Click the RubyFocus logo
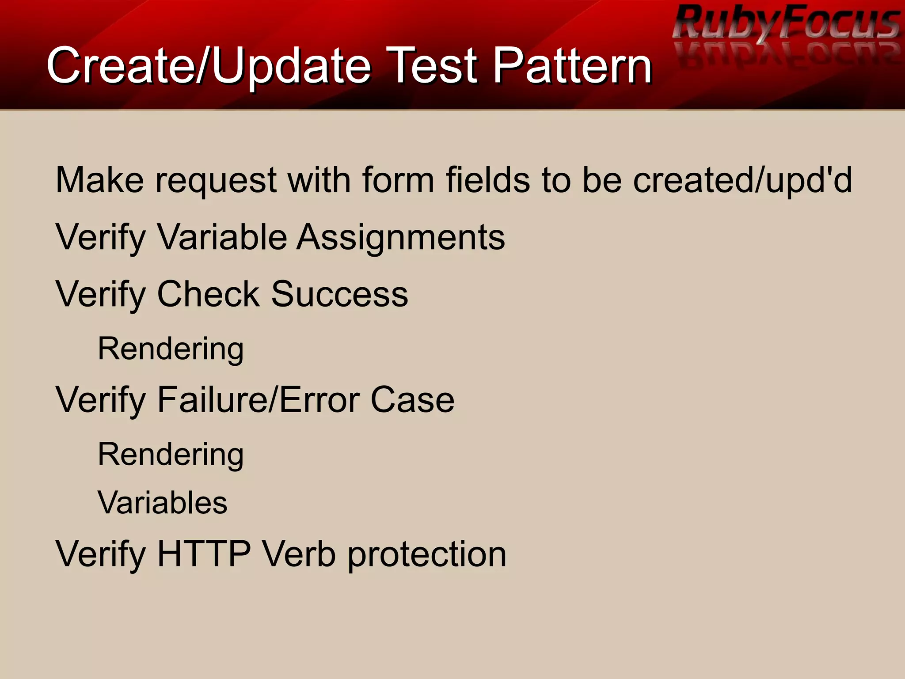coord(786,24)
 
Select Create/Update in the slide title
coord(209,66)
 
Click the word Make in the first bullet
coord(100,180)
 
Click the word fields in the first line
coord(487,180)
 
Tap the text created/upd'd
coord(742,180)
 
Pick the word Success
coord(339,294)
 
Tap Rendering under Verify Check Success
coord(171,349)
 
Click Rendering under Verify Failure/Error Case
coord(171,455)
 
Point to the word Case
coord(412,400)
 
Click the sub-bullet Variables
coord(162,503)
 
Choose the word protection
coord(426,555)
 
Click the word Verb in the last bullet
coord(299,554)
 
